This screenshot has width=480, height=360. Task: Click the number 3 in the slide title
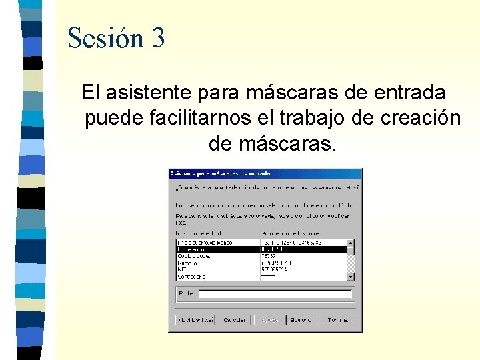(158, 38)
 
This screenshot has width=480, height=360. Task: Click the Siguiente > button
(303, 320)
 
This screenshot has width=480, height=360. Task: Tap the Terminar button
(339, 320)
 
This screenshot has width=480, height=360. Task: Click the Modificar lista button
(195, 320)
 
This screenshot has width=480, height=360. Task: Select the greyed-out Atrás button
(269, 320)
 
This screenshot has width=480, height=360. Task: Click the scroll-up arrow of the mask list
(351, 243)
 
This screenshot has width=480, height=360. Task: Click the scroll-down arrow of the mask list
(351, 276)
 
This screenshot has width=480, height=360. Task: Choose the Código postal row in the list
(194, 256)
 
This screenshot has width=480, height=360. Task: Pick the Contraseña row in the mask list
(192, 276)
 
